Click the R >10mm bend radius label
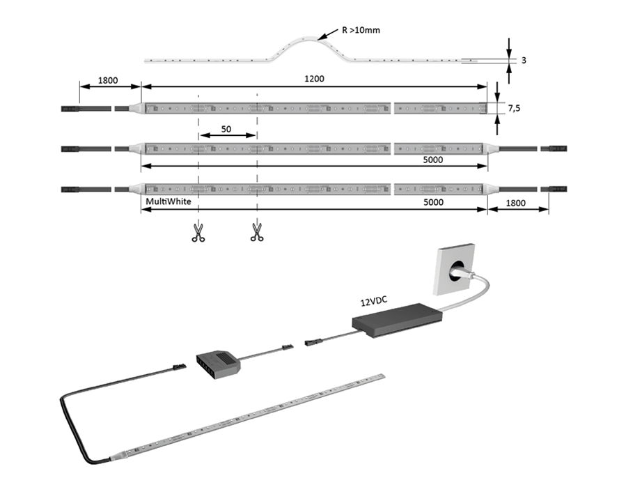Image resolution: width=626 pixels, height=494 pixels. [360, 31]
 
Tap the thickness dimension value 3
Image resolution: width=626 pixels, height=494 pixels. [522, 61]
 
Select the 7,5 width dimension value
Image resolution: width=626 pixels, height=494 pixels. [514, 108]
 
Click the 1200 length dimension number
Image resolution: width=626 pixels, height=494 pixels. [313, 79]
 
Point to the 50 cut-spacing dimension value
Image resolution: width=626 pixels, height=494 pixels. [226, 130]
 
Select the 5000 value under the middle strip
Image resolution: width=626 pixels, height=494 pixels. [432, 160]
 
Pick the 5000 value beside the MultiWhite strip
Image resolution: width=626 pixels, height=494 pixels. [432, 202]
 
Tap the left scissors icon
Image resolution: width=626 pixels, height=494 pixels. [198, 232]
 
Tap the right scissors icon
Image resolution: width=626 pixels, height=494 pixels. [257, 232]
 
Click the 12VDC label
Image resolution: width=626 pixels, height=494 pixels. [374, 302]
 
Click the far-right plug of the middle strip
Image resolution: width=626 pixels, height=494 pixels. [558, 148]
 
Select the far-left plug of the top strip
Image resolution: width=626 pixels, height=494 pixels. [72, 109]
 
